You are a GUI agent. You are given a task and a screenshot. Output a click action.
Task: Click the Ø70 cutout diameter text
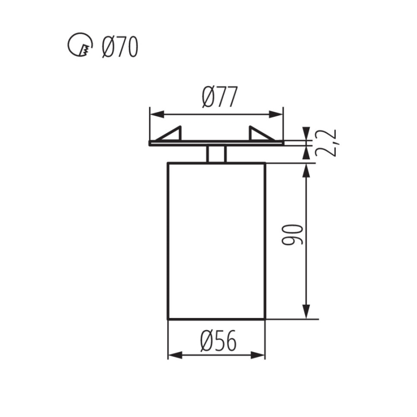tap(120, 47)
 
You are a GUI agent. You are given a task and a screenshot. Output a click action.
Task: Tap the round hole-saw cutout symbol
tap(79, 46)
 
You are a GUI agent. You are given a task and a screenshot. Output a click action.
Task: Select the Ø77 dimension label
tap(220, 98)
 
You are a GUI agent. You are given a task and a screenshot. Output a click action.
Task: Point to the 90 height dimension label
tap(294, 235)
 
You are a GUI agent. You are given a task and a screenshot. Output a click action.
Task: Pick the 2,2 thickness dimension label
tap(326, 144)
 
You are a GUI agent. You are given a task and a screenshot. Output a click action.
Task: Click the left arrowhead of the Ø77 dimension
tap(157, 114)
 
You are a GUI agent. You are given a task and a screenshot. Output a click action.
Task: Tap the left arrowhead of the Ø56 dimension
tap(174, 356)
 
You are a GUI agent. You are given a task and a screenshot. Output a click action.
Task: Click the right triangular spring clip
tap(259, 134)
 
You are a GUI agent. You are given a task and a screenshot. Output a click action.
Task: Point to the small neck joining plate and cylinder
tap(216, 154)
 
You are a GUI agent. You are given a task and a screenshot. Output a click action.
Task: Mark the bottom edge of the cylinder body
tap(216, 319)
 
